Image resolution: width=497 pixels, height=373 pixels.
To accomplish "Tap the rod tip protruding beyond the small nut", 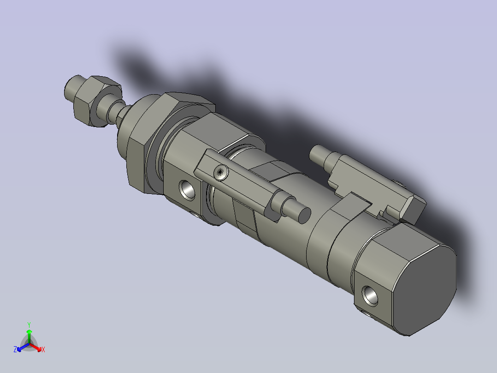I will pyautogui.click(x=71, y=89).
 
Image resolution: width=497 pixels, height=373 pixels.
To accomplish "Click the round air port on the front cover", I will pyautogui.click(x=187, y=189).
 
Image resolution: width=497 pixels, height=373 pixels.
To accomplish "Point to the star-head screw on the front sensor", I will pyautogui.click(x=221, y=173).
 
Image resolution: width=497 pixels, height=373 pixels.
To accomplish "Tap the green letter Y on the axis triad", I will pyautogui.click(x=29, y=325).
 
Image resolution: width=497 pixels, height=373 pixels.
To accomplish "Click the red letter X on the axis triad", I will pyautogui.click(x=43, y=350).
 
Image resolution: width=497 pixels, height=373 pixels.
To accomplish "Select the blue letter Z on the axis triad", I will pyautogui.click(x=15, y=350).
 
